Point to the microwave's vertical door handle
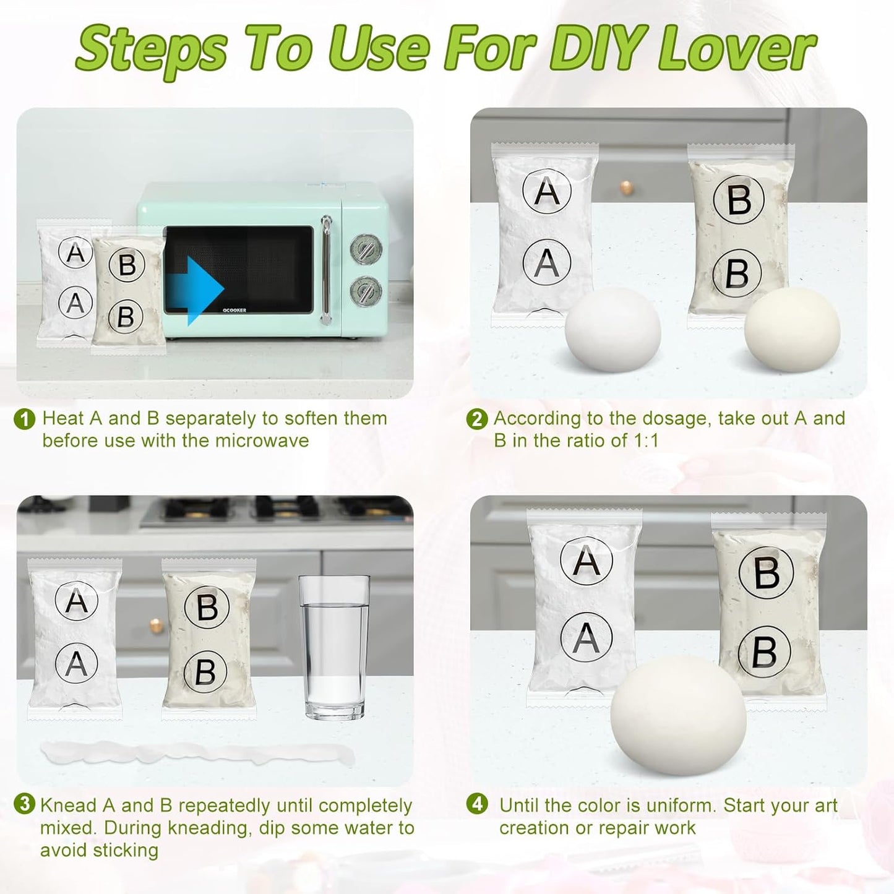click(327, 269)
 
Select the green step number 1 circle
click(25, 419)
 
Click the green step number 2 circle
click(477, 419)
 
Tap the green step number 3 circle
click(25, 804)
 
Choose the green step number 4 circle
click(477, 804)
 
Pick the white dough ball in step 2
click(613, 329)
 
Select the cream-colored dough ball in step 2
click(793, 329)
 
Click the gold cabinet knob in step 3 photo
click(157, 625)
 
